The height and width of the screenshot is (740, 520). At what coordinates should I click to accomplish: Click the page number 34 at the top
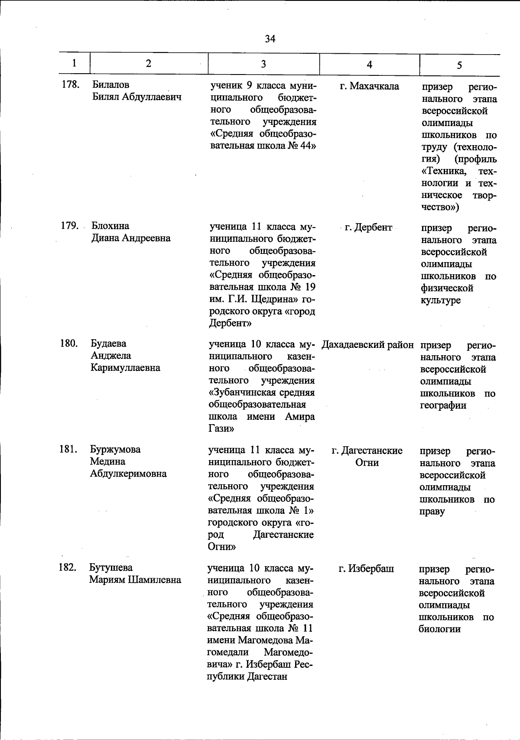(270, 39)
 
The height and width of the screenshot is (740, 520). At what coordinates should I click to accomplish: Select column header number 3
(263, 64)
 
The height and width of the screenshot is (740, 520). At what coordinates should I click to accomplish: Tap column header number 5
(459, 65)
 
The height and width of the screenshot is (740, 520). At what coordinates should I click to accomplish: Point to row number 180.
(68, 344)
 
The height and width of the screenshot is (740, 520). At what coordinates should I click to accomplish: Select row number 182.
(68, 568)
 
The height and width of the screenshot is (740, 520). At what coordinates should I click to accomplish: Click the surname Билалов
(110, 85)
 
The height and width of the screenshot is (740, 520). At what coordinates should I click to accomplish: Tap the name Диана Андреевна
(131, 238)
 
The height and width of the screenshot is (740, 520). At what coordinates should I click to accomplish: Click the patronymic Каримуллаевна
(125, 368)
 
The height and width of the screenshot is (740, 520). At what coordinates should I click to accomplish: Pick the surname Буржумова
(115, 449)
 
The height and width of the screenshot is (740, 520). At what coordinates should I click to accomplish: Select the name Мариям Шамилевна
(135, 580)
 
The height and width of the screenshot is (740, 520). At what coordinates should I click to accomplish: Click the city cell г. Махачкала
(369, 86)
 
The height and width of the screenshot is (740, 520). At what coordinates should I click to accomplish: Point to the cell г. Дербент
(368, 227)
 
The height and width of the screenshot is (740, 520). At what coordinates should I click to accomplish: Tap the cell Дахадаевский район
(368, 345)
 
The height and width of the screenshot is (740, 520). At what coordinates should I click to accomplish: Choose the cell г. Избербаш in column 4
(366, 568)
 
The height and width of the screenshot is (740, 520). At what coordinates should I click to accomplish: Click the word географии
(443, 406)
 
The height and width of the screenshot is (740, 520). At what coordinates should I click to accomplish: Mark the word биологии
(439, 629)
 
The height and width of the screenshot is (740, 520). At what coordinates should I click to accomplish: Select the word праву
(432, 512)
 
